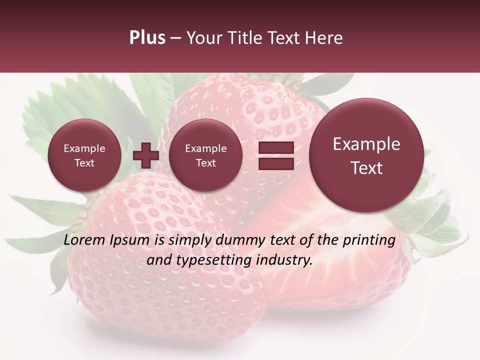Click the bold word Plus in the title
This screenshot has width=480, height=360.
click(x=147, y=38)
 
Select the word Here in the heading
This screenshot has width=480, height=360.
click(x=324, y=38)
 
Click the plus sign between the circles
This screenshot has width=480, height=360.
click(x=146, y=155)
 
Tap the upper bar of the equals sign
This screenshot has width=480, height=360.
click(x=275, y=147)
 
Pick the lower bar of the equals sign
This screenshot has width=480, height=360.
click(x=275, y=164)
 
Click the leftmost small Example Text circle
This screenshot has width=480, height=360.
click(x=84, y=155)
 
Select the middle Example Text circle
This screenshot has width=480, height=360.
click(x=206, y=155)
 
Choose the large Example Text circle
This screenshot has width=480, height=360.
click(x=366, y=155)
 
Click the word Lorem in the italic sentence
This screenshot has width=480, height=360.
click(x=84, y=240)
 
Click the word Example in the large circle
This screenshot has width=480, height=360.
click(x=366, y=144)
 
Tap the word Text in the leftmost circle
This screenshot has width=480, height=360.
click(x=84, y=163)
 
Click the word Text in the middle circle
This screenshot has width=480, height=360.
click(x=206, y=163)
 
